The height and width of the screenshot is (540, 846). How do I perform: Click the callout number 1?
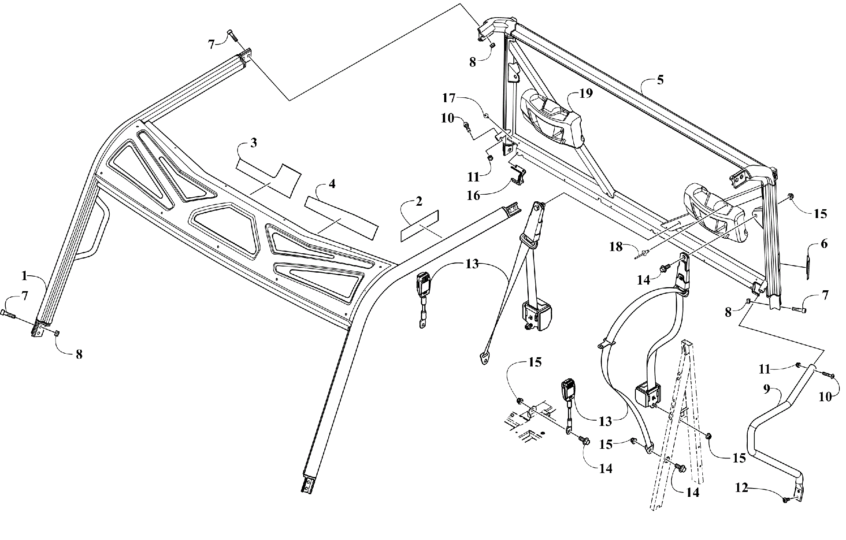(25, 276)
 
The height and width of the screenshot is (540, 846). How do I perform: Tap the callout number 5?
(660, 80)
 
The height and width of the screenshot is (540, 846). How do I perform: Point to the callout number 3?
(253, 143)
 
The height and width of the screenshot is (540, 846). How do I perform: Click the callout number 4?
(332, 184)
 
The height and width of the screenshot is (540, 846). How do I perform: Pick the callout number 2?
(419, 201)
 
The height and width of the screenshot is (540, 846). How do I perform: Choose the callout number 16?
(473, 196)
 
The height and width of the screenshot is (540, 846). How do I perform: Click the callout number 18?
(616, 247)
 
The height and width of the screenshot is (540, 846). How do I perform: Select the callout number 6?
(824, 244)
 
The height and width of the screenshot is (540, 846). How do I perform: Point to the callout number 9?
(766, 389)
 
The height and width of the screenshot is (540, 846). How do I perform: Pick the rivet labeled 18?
(642, 255)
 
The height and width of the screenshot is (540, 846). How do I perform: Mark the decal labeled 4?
(341, 218)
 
